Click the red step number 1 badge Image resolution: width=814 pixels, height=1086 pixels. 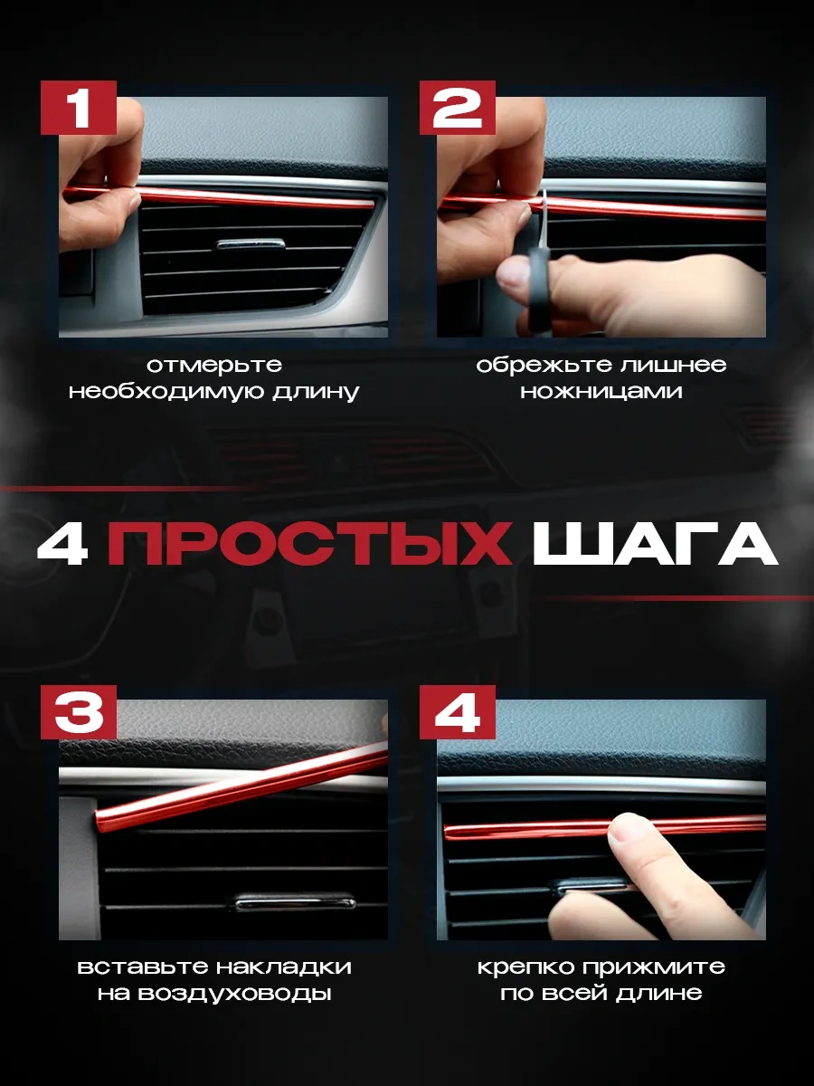pyautogui.click(x=79, y=108)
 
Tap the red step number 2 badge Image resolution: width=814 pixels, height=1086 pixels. pyautogui.click(x=457, y=108)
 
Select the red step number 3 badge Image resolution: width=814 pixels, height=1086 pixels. pyautogui.click(x=79, y=712)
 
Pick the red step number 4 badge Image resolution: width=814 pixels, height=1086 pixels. pyautogui.click(x=457, y=712)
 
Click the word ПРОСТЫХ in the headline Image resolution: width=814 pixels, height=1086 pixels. pyautogui.click(x=309, y=543)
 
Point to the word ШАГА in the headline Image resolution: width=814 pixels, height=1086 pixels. pyautogui.click(x=656, y=544)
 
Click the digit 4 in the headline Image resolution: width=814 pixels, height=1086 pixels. pyautogui.click(x=62, y=543)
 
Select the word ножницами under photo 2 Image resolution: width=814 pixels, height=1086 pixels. pyautogui.click(x=601, y=392)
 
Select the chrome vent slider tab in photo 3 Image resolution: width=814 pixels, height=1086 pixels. pyautogui.click(x=295, y=902)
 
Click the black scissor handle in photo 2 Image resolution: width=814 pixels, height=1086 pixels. pyautogui.click(x=538, y=290)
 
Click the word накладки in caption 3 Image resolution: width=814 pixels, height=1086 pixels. pyautogui.click(x=284, y=967)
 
